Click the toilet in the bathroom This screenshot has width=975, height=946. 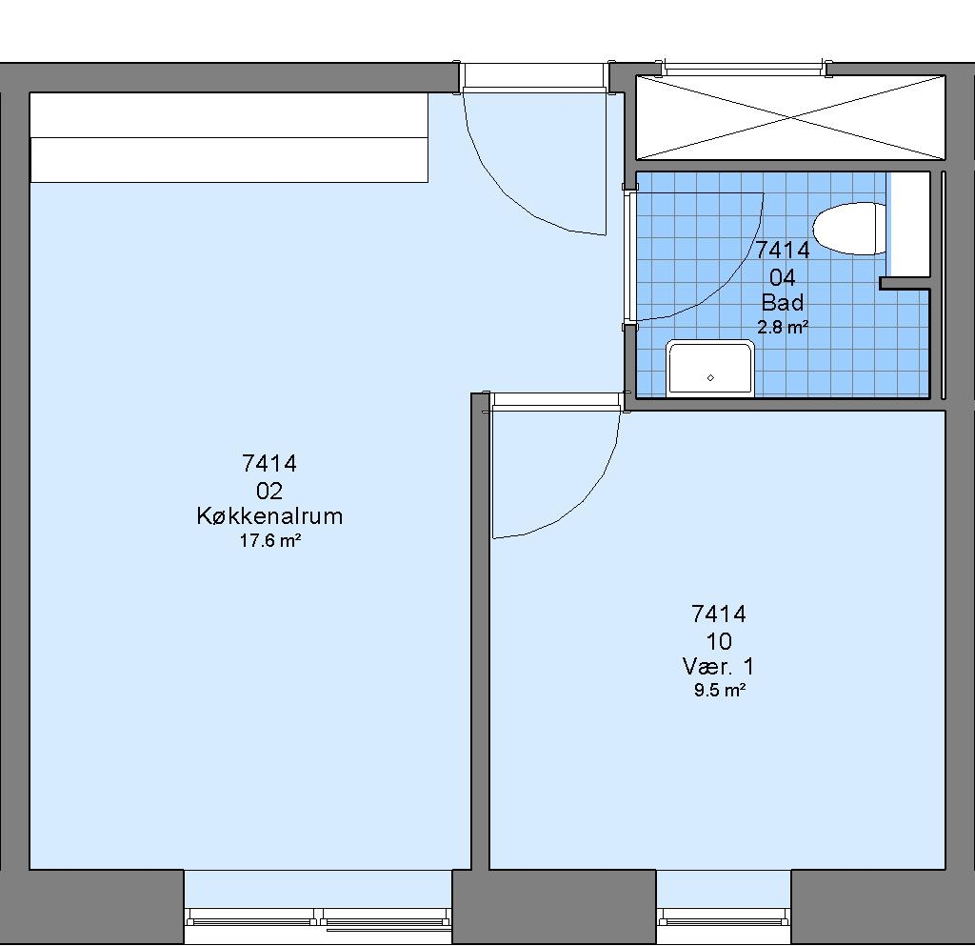[x=849, y=229]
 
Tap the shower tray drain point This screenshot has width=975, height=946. [x=710, y=377]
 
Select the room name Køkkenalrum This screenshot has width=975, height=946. [x=269, y=515]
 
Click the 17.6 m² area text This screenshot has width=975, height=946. [x=270, y=540]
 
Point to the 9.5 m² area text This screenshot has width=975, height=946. [x=720, y=690]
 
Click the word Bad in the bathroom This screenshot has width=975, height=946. [x=783, y=302]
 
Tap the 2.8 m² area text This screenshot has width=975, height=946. [x=783, y=327]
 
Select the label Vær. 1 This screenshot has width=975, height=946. [x=718, y=666]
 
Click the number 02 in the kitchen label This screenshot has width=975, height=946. [x=269, y=491]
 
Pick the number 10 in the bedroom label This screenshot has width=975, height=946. [x=718, y=640]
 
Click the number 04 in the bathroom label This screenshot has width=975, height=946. [x=783, y=277]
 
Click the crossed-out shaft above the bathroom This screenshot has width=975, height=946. [x=790, y=117]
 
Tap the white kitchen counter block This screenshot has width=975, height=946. [x=229, y=137]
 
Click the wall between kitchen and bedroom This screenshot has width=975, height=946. [x=480, y=632]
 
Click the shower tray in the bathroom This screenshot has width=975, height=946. [x=710, y=368]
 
